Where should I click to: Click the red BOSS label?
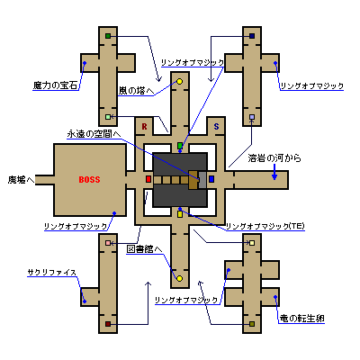coord(89,180)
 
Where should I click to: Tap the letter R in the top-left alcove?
coord(144,127)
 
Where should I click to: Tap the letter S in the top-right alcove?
coord(216,127)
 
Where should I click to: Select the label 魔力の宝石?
coord(55,85)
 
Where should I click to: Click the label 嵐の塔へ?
coord(136,91)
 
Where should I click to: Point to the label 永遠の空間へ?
coord(94,134)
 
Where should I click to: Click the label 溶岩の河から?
coord(274,158)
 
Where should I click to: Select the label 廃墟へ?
coord(21,180)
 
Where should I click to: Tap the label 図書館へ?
coord(144,249)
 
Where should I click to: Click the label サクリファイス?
coord(52,273)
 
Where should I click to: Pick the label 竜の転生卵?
coord(301,319)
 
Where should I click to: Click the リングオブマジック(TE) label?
coord(265,227)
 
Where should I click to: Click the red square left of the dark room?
coord(148,179)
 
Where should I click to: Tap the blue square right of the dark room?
coord(211,179)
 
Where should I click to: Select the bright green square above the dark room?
coord(180,146)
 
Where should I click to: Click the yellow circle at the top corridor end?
coord(180,81)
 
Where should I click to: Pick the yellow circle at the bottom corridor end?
coord(180,279)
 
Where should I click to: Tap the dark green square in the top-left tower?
coord(108,36)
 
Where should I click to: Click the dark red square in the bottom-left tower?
coord(108,324)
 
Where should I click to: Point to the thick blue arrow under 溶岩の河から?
coord(274,172)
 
